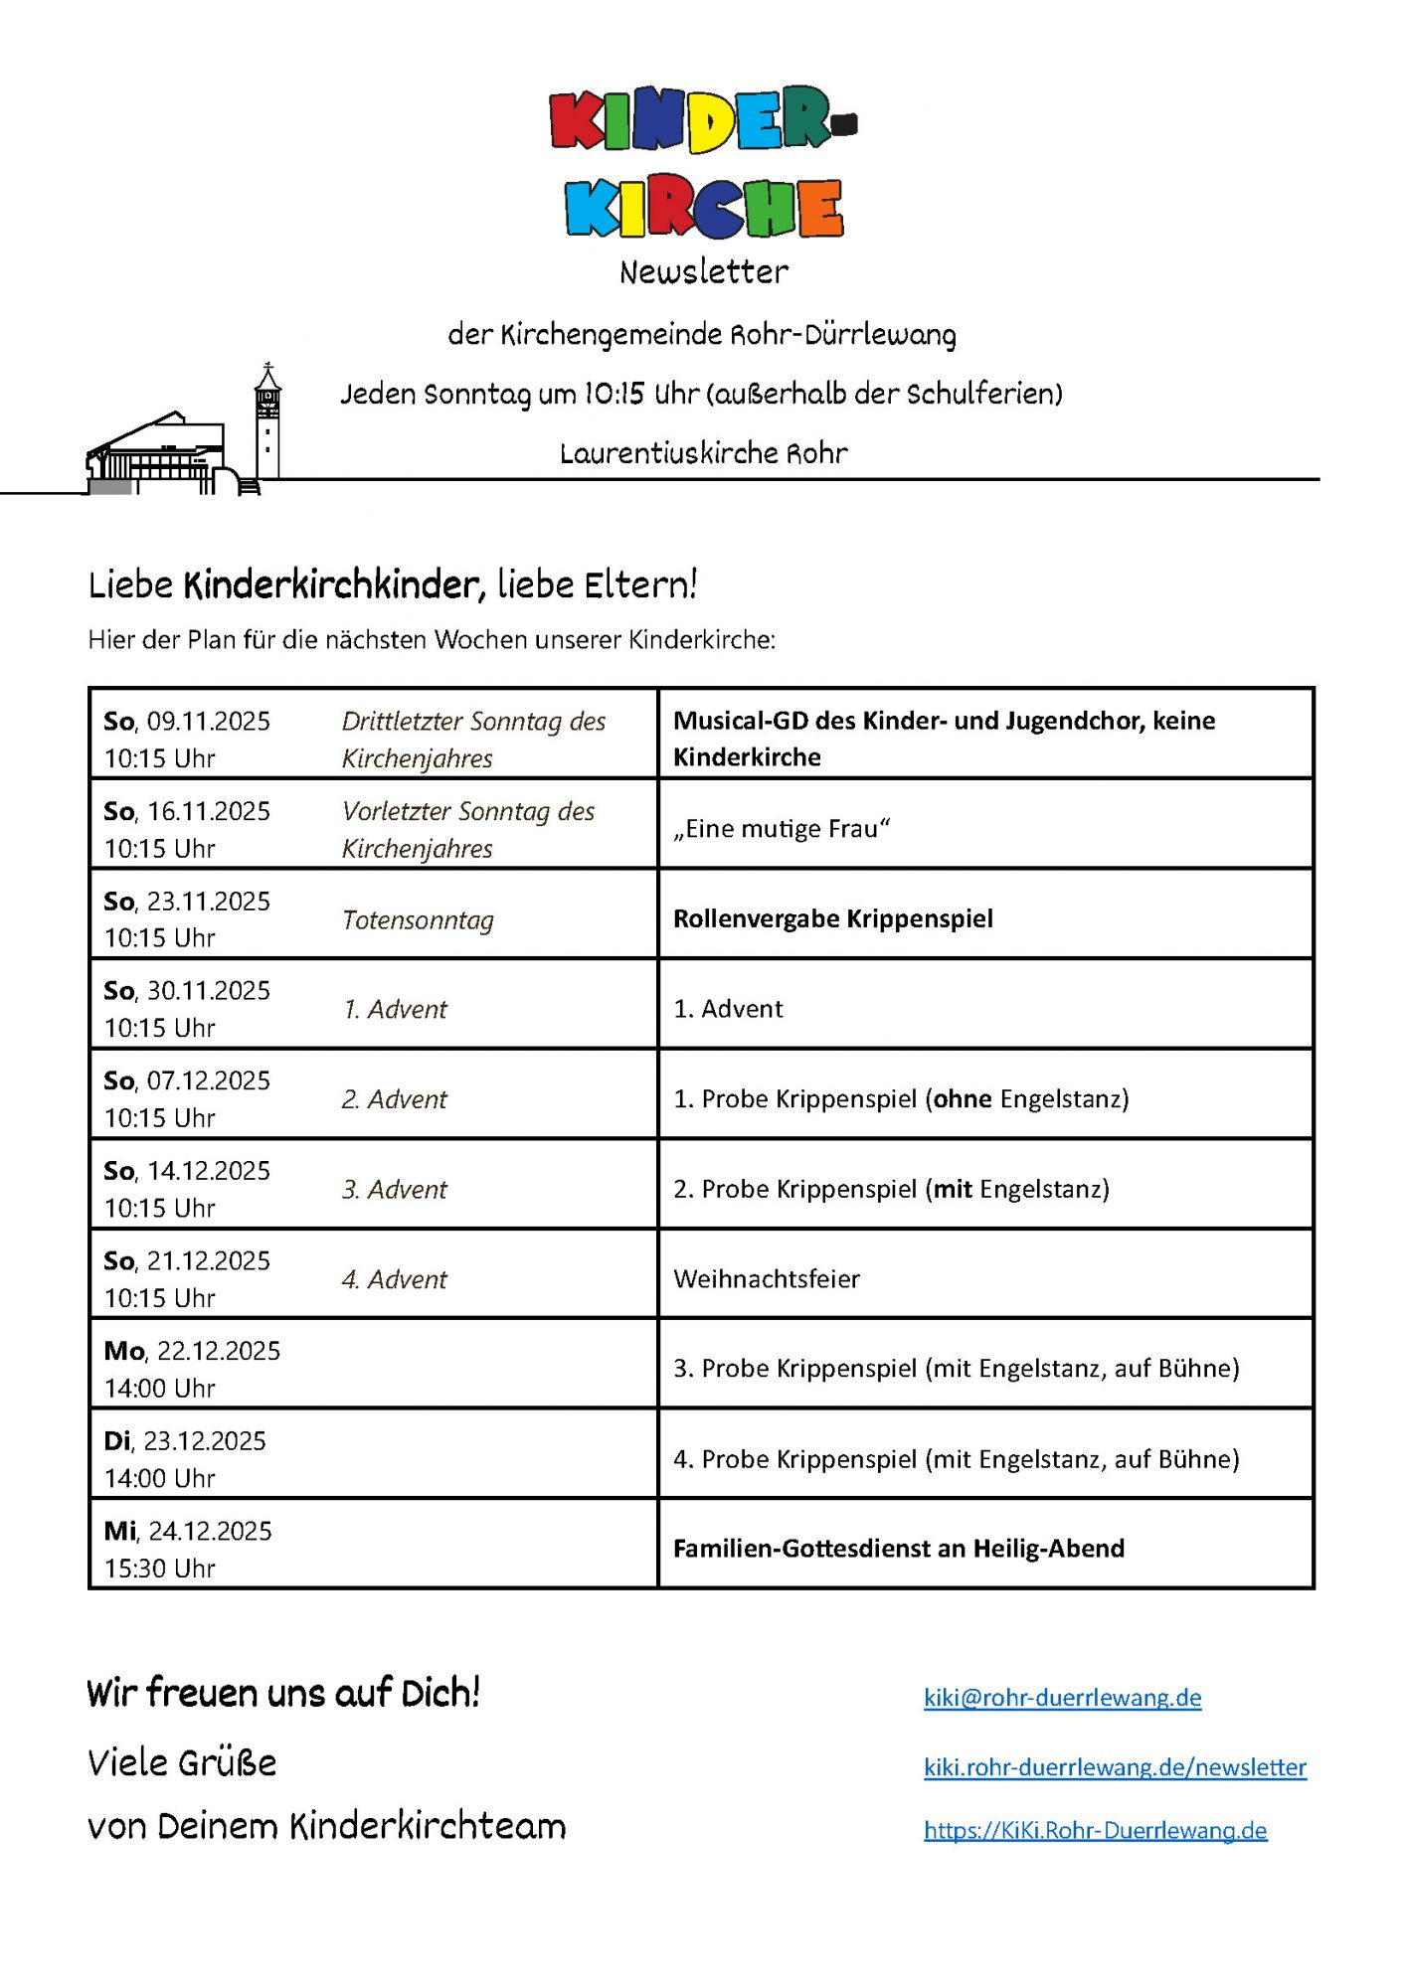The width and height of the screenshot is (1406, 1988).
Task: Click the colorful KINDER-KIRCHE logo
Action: [703, 162]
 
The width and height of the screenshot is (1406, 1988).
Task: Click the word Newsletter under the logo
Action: [703, 271]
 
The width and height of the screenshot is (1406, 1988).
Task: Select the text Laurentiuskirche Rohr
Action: [703, 453]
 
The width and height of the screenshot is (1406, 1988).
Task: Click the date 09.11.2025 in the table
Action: [208, 722]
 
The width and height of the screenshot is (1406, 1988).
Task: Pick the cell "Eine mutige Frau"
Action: [782, 829]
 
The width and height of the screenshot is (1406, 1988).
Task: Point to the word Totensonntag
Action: [418, 920]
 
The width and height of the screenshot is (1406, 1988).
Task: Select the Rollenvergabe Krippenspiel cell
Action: [832, 918]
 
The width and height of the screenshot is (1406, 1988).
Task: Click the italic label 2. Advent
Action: [395, 1099]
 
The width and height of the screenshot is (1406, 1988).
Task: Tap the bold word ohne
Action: [963, 1098]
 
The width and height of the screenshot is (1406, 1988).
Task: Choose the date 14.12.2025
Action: [208, 1171]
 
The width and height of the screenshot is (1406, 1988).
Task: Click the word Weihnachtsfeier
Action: [766, 1279]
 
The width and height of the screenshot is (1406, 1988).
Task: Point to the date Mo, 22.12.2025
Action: [192, 1351]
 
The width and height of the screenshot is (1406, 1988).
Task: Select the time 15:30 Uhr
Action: [159, 1569]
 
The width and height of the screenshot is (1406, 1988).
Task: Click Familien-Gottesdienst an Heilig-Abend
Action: [898, 1549]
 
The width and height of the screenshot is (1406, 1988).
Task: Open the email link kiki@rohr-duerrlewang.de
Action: [1062, 1698]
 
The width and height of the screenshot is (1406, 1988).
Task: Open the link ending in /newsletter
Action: [1114, 1767]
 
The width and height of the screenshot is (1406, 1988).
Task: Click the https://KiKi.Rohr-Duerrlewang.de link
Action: [1095, 1830]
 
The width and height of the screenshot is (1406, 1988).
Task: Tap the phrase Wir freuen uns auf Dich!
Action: [283, 1693]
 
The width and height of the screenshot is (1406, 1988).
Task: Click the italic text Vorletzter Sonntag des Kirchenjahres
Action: [467, 830]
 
